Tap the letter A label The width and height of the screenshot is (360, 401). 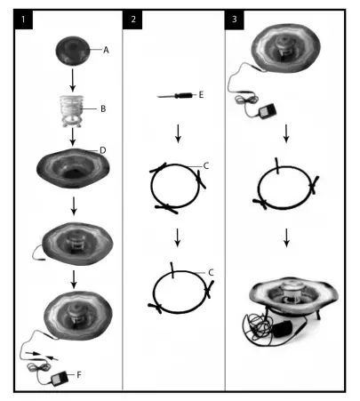[x=106, y=50]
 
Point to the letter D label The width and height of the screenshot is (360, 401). [x=103, y=150]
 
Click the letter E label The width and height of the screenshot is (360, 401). [x=201, y=92]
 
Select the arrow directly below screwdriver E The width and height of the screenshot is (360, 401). [x=179, y=132]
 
